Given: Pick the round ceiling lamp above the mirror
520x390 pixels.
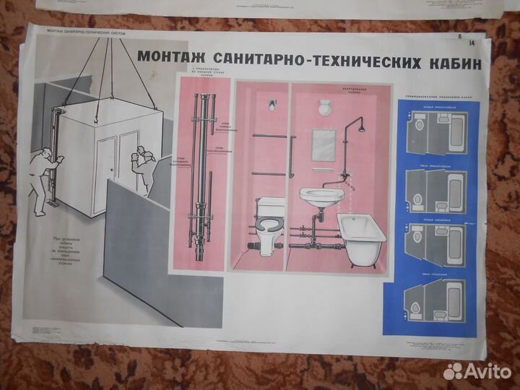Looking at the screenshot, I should click(324, 108).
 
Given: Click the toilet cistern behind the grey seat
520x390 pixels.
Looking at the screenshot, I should click(272, 206).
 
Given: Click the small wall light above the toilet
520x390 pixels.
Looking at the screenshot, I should click(272, 105).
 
